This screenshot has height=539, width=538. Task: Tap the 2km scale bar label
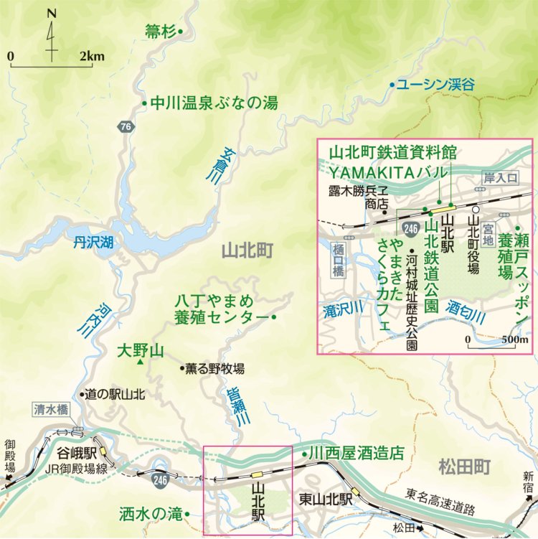(x=92, y=56)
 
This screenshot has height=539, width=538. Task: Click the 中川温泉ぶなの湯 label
(x=213, y=103)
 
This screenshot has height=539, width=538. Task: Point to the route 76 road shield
(x=126, y=127)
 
